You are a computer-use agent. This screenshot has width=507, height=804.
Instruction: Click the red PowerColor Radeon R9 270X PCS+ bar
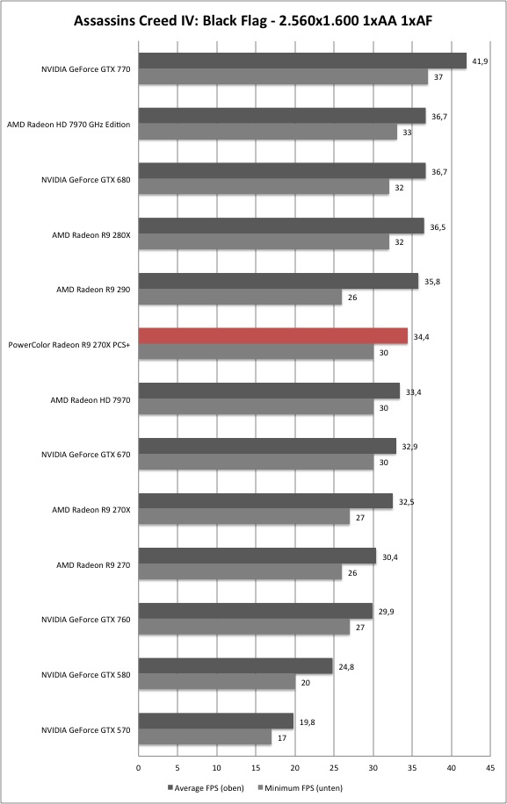[x=273, y=336]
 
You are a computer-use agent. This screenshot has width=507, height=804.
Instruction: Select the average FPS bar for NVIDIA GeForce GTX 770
[x=302, y=61]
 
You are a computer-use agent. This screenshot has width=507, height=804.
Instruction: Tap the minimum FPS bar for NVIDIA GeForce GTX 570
[x=206, y=737]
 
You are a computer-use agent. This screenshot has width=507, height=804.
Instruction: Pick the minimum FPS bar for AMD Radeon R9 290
[x=240, y=297]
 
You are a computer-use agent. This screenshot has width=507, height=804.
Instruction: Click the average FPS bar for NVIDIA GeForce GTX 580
[x=235, y=666]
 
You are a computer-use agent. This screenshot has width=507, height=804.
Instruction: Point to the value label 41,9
[x=480, y=61]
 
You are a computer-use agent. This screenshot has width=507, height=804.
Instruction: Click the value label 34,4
[x=421, y=337]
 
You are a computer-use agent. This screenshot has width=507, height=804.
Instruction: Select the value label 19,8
[x=307, y=722]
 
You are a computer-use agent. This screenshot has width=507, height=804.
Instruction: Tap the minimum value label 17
[x=282, y=738]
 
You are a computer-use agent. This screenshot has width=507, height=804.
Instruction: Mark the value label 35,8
[x=432, y=282]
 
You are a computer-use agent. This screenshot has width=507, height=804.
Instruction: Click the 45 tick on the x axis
[x=490, y=768]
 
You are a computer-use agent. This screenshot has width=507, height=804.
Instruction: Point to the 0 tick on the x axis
[x=138, y=768]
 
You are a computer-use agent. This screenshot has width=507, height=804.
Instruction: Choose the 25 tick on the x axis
[x=334, y=768]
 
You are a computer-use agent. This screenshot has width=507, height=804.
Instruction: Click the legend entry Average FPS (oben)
[x=206, y=787]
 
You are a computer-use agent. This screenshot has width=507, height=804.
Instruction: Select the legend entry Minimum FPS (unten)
[x=300, y=787]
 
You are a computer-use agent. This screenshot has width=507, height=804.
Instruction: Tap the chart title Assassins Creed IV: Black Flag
[x=166, y=21]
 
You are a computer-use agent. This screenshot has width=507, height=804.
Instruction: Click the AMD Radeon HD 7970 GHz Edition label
[x=69, y=125]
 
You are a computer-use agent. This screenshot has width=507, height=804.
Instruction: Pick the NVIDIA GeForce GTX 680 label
[x=86, y=180]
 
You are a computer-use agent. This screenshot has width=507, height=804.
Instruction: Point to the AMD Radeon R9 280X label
[x=91, y=235]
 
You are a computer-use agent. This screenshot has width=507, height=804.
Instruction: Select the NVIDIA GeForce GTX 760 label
[x=86, y=620]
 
